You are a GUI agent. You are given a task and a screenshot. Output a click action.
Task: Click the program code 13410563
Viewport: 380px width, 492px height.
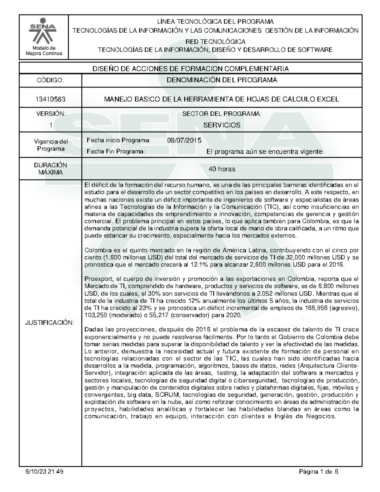50,99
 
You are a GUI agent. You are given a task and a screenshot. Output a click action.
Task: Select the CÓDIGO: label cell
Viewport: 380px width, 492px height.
50,80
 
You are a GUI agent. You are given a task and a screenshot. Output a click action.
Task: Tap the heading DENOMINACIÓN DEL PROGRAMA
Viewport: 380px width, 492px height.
222,80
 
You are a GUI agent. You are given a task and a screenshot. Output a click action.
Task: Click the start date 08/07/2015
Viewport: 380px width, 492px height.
184,140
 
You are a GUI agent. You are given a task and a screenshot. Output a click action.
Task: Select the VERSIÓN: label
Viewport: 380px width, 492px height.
50,114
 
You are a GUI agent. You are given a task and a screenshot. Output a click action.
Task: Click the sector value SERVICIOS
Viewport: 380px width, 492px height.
222,125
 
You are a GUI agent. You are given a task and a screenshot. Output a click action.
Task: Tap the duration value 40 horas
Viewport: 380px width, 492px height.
222,169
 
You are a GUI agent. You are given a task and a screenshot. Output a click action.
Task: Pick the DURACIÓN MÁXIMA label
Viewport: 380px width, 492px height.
50,169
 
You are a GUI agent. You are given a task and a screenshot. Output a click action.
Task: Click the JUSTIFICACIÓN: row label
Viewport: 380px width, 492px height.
50,323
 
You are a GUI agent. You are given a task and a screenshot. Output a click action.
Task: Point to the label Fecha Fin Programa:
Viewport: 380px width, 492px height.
116,152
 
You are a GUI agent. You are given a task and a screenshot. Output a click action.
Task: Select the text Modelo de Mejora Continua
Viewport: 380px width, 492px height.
44,50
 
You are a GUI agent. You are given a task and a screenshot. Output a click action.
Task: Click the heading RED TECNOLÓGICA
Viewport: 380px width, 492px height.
215,42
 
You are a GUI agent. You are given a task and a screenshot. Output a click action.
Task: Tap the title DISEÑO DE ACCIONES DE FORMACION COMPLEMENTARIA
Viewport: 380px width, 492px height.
190,69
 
